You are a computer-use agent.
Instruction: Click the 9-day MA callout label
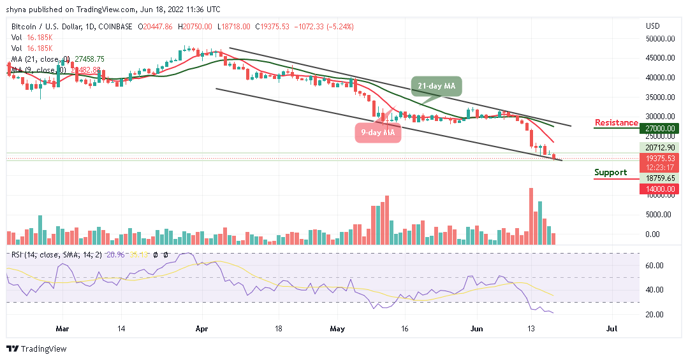(377, 133)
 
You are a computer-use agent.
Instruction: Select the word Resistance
(616, 122)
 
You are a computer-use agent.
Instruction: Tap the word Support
(610, 172)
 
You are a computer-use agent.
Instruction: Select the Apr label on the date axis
(201, 329)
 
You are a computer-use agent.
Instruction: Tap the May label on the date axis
(337, 329)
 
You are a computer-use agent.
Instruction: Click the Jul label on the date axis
(611, 329)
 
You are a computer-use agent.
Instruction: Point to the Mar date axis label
(62, 329)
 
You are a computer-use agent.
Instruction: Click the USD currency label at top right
(653, 26)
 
